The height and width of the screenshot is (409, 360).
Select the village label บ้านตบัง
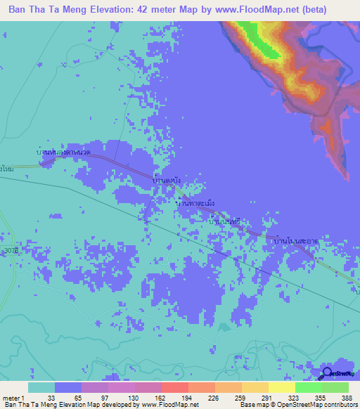(x=167, y=181)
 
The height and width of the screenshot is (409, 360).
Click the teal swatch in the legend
(x=41, y=387)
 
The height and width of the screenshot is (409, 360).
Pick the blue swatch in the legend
(x=68, y=387)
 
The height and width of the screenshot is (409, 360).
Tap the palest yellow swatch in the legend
(x=281, y=387)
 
